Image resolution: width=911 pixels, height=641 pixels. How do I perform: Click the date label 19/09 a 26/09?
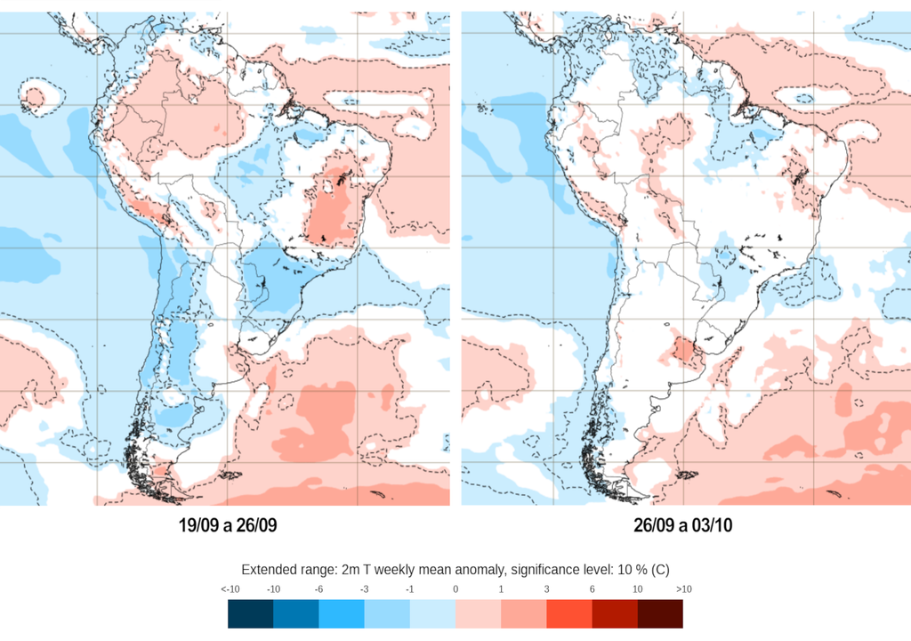228,526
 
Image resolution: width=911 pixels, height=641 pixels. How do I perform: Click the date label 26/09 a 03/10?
683,526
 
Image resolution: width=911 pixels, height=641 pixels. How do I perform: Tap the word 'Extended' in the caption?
268,570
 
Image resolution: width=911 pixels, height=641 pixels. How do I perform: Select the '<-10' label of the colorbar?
230,589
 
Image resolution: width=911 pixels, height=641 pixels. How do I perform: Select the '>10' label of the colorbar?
683,589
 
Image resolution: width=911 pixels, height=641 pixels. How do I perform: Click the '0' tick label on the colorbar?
455,589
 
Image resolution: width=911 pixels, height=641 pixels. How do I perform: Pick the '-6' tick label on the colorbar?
319,589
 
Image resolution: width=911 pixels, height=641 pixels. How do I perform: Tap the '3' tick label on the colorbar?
546,589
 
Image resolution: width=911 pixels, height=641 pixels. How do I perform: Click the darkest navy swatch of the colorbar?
250,614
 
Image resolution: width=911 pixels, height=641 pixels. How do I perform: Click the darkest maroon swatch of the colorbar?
660,614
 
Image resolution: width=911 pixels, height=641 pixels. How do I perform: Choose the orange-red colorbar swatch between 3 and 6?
569,614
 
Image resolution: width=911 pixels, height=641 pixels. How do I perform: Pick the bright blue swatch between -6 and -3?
342,614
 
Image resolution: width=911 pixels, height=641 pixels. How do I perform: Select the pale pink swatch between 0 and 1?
478,614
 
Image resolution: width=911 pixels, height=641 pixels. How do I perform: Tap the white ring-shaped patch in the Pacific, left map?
36,97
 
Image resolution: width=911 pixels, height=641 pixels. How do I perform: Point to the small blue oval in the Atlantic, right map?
803,97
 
